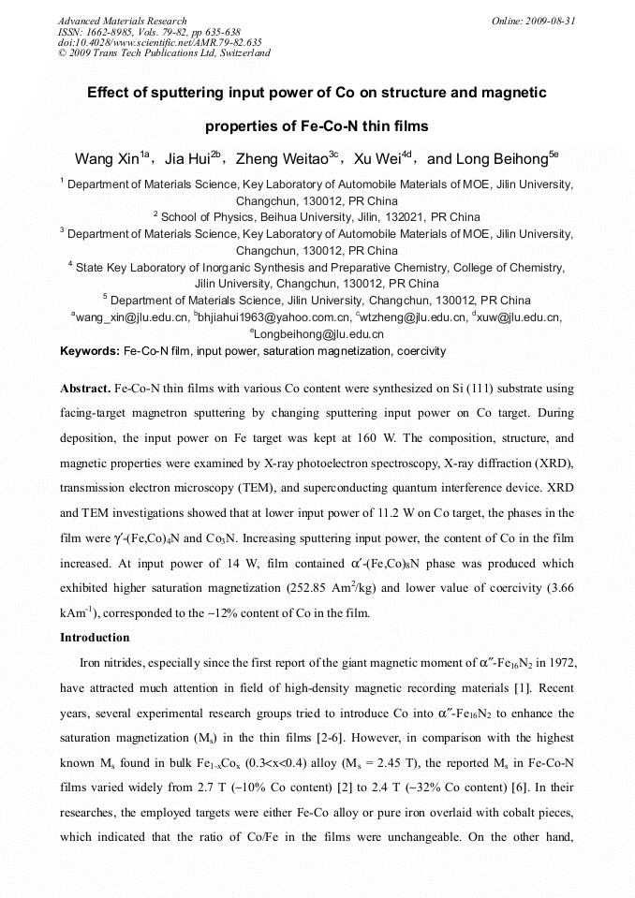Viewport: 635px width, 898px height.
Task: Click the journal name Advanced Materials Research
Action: (x=122, y=21)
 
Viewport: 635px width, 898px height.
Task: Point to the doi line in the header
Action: (x=159, y=42)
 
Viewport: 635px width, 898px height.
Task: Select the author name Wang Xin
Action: (x=106, y=158)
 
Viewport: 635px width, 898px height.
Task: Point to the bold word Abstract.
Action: (x=85, y=388)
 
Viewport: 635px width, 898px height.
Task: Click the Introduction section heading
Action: (x=95, y=638)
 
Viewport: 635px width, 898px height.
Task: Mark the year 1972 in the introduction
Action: (x=554, y=663)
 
